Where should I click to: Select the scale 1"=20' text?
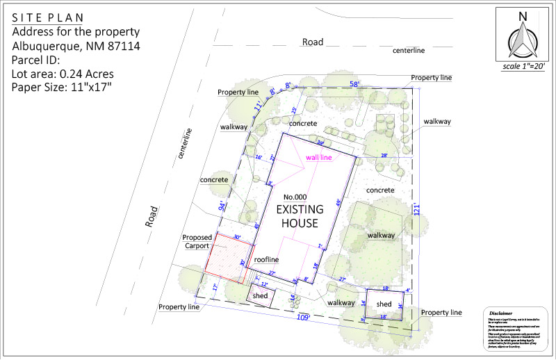[523, 67]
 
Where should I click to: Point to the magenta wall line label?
[319, 158]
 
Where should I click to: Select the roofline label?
[266, 259]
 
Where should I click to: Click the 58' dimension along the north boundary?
[355, 84]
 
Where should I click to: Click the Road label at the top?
[313, 42]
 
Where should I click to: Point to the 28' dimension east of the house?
[384, 156]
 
